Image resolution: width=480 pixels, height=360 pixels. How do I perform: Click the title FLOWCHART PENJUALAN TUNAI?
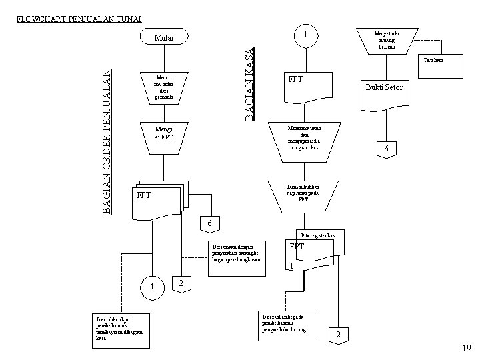[79, 19]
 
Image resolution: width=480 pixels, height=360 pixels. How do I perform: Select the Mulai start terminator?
[163, 38]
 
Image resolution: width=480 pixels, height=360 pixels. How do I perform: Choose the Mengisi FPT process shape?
[163, 133]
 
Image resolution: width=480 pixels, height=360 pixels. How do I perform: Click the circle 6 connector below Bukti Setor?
[385, 149]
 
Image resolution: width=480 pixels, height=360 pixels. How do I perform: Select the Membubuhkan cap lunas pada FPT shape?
[303, 194]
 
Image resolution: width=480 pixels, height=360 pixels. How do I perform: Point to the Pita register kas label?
[323, 236]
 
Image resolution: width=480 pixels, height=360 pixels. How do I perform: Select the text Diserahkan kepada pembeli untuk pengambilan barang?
[287, 322]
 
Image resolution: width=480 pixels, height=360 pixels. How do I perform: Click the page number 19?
[466, 348]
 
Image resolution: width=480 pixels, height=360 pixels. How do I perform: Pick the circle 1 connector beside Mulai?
[304, 35]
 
